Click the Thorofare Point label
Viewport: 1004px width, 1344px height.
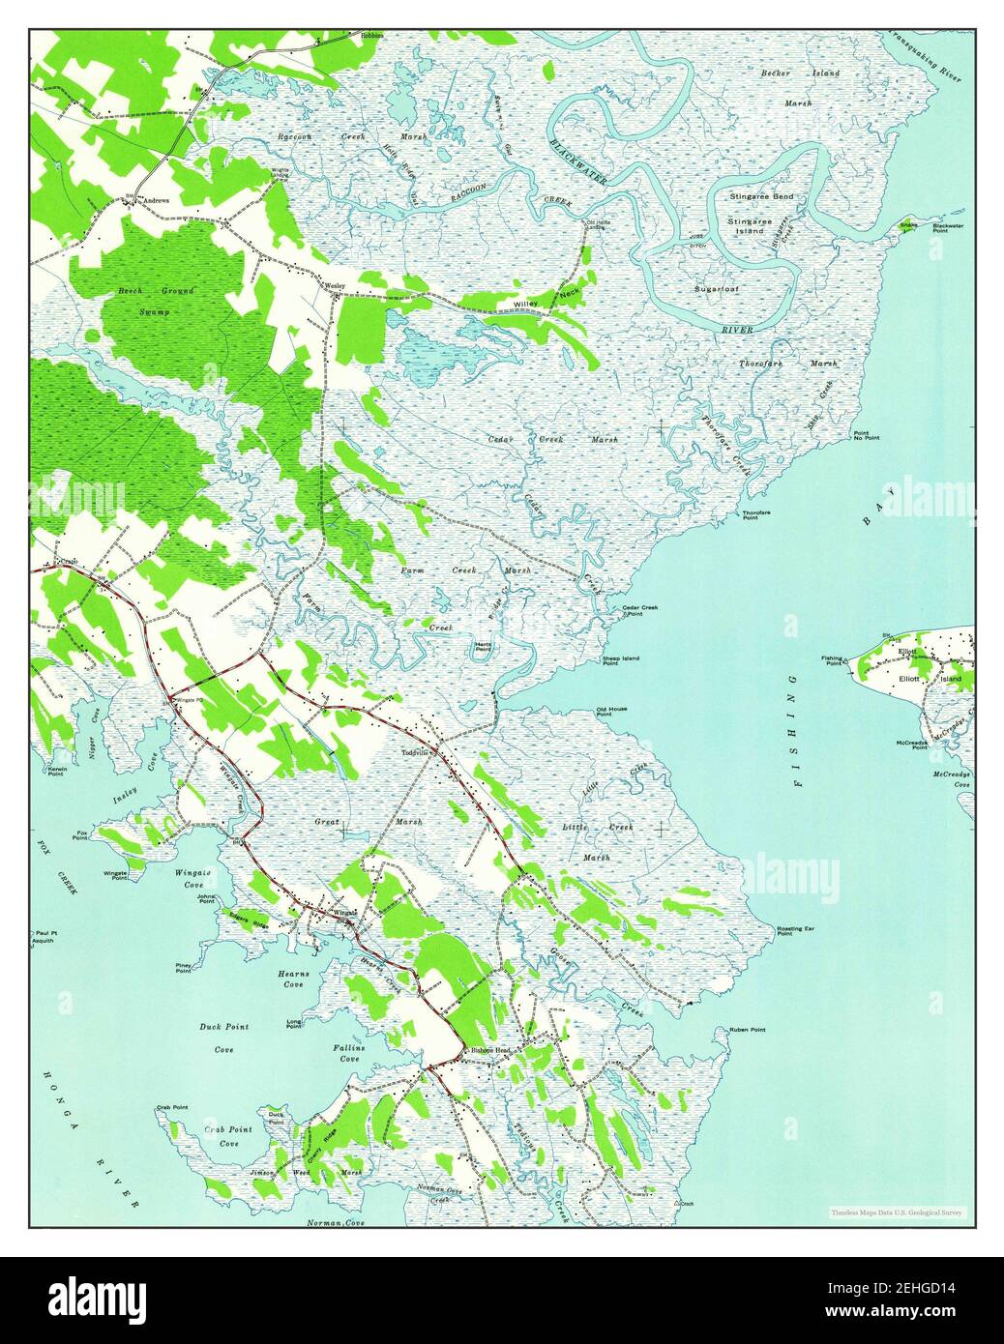756,514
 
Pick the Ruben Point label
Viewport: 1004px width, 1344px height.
748,1031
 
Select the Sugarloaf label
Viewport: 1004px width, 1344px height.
716,288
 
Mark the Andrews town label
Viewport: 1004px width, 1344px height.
156,200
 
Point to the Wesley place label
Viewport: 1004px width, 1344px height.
335,286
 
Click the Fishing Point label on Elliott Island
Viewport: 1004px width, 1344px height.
832,661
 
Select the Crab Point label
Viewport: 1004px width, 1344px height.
172,1107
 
